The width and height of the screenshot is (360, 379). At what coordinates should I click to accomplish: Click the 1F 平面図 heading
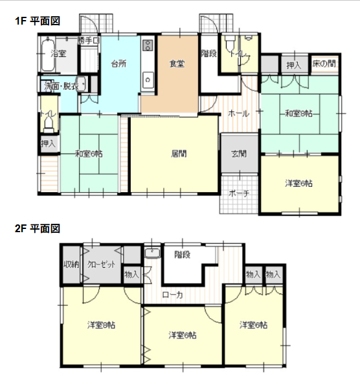click(x=38, y=21)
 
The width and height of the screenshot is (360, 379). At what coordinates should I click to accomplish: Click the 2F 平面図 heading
click(x=38, y=228)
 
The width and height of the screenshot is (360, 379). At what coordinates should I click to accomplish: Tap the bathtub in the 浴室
click(x=48, y=54)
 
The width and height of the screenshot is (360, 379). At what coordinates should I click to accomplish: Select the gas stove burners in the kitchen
click(x=148, y=45)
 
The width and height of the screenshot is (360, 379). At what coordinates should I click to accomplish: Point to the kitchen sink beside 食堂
click(x=148, y=80)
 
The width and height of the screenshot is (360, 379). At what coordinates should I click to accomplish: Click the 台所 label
click(x=118, y=64)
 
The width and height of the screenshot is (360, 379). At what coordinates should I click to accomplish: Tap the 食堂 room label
click(x=177, y=64)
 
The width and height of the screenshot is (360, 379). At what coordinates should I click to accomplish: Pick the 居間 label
click(x=179, y=154)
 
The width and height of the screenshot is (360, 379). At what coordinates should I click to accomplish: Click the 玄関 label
click(x=239, y=154)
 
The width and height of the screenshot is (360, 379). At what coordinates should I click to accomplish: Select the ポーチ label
click(x=239, y=193)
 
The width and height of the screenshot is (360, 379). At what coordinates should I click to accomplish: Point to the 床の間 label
click(x=324, y=63)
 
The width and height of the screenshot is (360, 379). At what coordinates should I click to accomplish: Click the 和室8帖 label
click(x=299, y=113)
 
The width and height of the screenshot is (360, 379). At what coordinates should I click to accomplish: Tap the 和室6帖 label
click(x=89, y=154)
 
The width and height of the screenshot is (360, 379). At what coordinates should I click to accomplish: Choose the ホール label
click(x=238, y=113)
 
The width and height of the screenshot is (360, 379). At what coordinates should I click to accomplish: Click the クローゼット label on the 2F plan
click(x=101, y=265)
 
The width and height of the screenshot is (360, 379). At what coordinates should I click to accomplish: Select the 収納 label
click(x=71, y=265)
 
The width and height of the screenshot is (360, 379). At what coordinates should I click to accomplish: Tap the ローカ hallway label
click(x=173, y=295)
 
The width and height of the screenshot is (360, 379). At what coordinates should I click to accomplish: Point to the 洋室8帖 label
click(x=101, y=325)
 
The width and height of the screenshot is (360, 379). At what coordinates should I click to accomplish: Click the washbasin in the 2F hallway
click(x=152, y=253)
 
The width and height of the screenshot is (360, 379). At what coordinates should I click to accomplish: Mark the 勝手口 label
click(x=89, y=41)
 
